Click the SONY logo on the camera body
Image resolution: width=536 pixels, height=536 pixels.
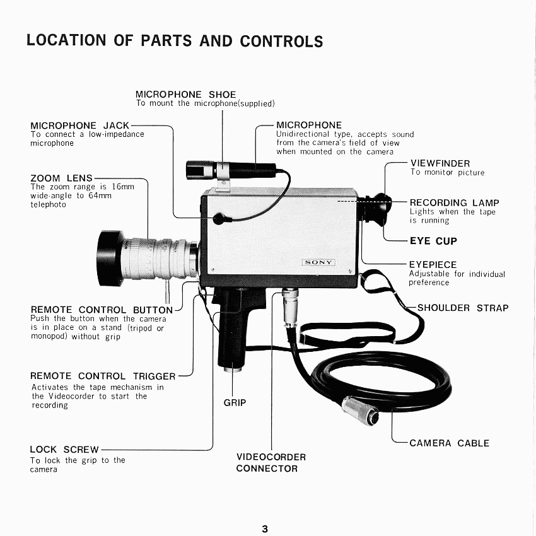(319, 262)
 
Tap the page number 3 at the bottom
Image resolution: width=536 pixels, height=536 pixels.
(265, 529)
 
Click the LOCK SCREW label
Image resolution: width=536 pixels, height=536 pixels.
(64, 450)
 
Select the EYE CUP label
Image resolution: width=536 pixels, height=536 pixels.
(433, 241)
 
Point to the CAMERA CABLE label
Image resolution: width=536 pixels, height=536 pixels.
(449, 443)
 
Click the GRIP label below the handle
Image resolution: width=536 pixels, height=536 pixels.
(235, 402)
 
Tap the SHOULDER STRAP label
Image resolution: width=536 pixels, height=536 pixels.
(463, 308)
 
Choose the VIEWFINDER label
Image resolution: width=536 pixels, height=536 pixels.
(440, 163)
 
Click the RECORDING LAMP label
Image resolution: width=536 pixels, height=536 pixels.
(454, 202)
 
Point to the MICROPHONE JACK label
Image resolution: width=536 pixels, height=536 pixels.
(80, 125)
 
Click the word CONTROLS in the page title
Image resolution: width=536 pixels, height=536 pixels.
(281, 42)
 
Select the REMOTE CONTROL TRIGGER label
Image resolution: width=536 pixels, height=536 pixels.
(103, 376)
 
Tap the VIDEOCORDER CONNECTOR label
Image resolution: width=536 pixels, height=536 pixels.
(271, 462)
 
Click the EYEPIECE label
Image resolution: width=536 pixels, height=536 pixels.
(433, 265)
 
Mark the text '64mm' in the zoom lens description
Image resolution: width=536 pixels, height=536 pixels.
(99, 196)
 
